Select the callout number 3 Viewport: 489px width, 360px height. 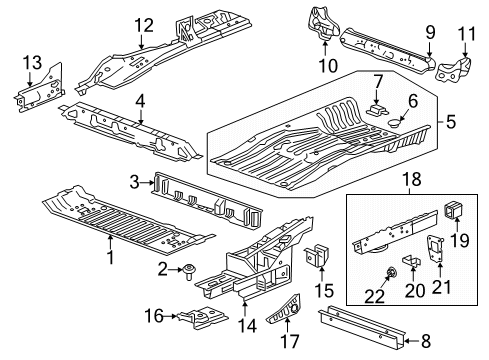tap(133, 180)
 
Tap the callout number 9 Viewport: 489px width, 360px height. tap(430, 32)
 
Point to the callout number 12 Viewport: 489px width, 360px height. tap(146, 25)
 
